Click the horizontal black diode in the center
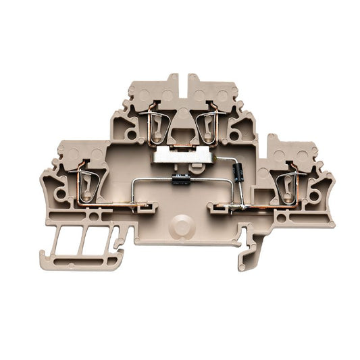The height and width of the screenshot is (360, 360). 180,179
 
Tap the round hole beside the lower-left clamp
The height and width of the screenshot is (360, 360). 63,194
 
